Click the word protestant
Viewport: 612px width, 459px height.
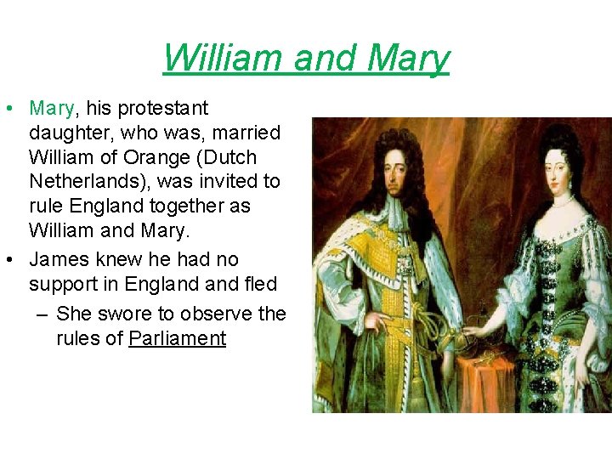coord(162,109)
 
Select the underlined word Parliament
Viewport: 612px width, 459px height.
coord(177,338)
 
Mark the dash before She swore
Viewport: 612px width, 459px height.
coord(43,314)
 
